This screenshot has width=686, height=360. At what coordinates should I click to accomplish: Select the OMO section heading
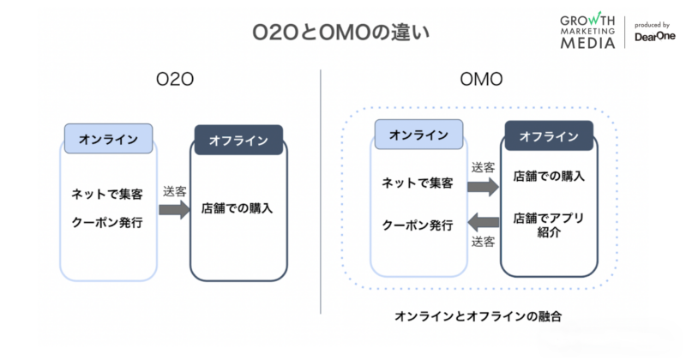pyautogui.click(x=481, y=81)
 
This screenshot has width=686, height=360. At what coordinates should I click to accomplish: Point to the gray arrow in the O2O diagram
pyautogui.click(x=175, y=209)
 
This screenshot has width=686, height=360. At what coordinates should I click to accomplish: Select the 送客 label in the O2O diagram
pyautogui.click(x=175, y=189)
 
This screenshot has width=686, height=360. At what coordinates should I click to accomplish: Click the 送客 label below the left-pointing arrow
pyautogui.click(x=484, y=242)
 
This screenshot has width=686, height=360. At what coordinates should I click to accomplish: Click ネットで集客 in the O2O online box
pyautogui.click(x=107, y=194)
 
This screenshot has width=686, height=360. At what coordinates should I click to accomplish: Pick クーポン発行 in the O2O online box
pyautogui.click(x=107, y=223)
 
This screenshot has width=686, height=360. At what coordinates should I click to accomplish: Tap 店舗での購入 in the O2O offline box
pyautogui.click(x=238, y=208)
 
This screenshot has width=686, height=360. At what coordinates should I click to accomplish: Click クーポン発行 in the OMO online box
pyautogui.click(x=418, y=225)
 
